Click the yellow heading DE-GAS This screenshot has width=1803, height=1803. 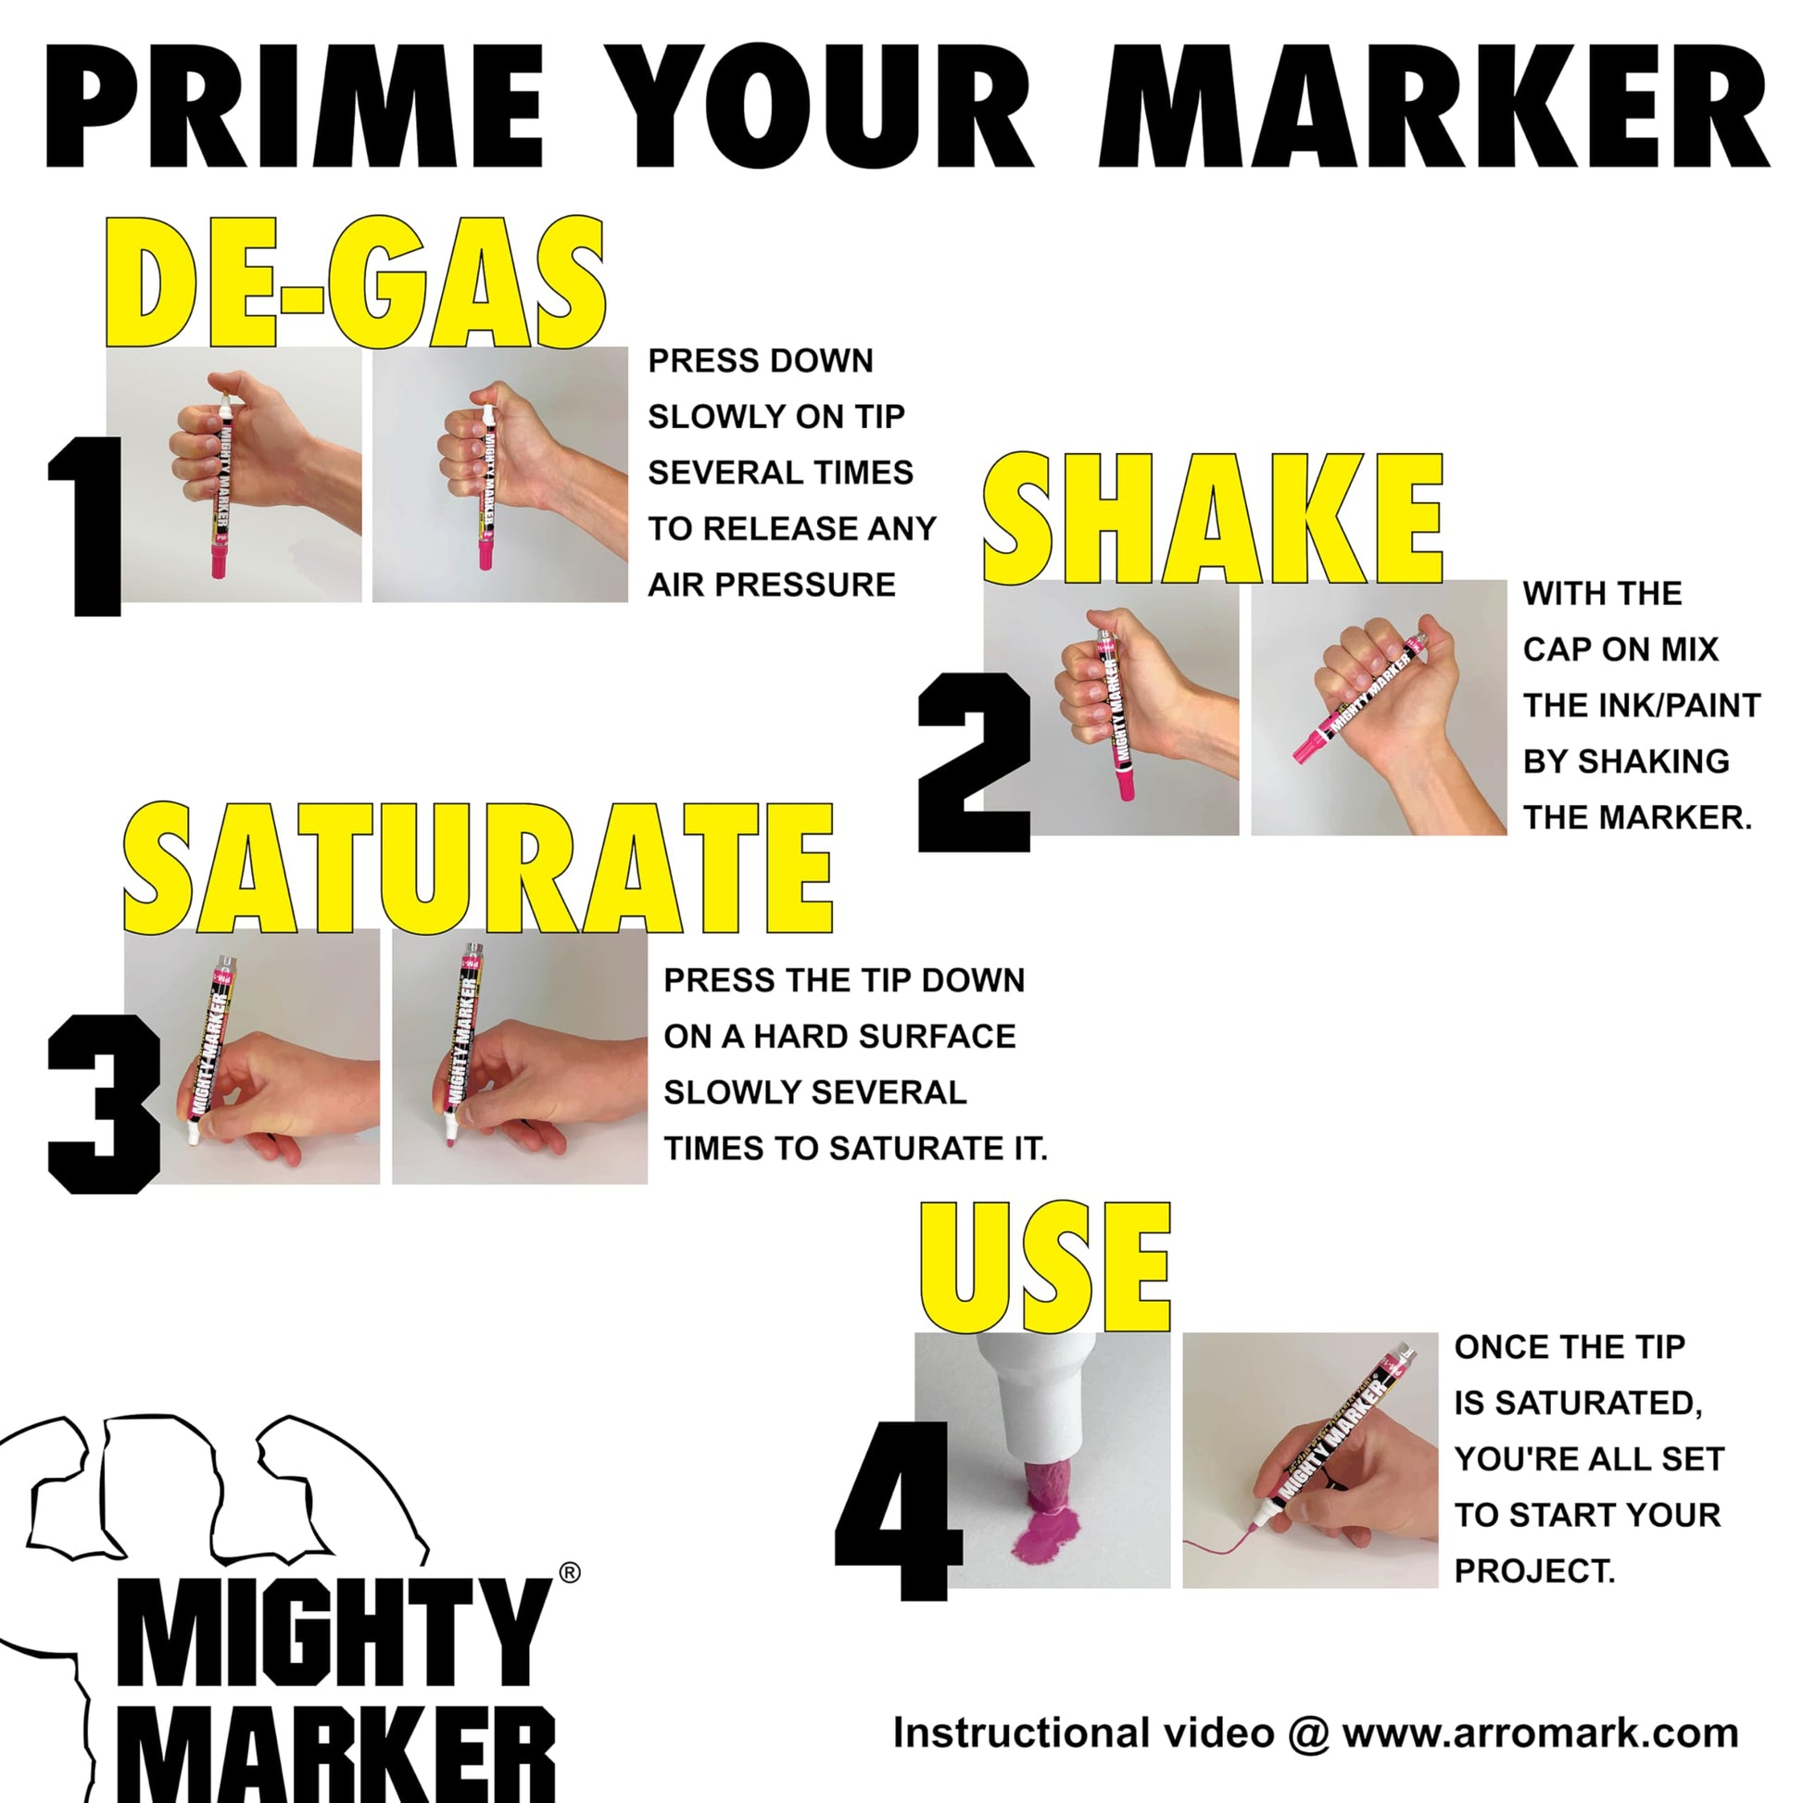click(356, 283)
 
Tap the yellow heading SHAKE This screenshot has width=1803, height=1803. click(1213, 518)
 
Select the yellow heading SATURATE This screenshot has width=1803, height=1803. click(479, 867)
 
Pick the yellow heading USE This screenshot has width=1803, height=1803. click(1045, 1267)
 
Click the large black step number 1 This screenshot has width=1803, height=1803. click(86, 526)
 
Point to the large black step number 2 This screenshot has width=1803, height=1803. click(975, 763)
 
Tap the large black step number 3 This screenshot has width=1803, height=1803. click(104, 1104)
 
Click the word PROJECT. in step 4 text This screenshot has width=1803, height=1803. click(1534, 1571)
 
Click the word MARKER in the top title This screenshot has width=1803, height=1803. click(1435, 105)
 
